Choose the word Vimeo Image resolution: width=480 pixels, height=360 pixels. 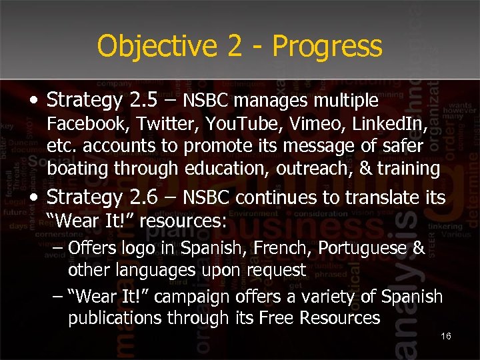click(x=295, y=123)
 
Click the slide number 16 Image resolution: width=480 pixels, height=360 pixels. click(x=446, y=336)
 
